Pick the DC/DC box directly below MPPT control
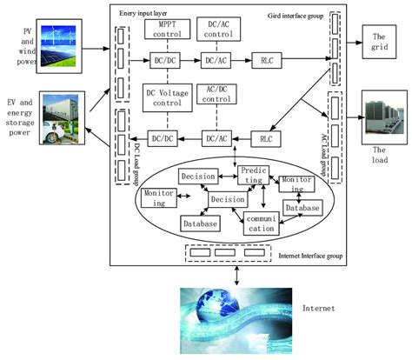tap(163, 63)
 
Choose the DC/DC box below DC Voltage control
tap(163, 138)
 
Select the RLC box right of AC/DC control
tap(265, 138)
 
